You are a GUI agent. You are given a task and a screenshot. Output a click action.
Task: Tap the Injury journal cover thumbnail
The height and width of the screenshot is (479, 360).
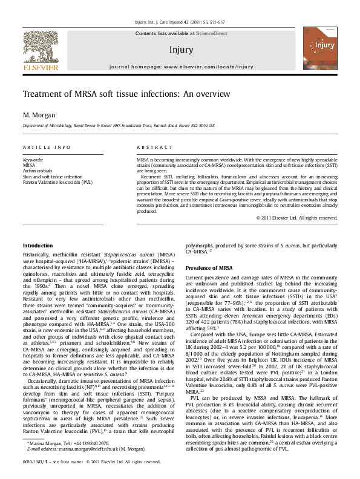coord(320,52)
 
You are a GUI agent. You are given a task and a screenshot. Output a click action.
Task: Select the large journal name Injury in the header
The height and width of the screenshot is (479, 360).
coord(182,50)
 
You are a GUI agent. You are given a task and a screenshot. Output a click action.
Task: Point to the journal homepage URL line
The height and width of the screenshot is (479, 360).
coord(182,67)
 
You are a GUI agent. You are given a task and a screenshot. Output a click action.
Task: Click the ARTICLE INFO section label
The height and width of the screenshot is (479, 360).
coord(47,148)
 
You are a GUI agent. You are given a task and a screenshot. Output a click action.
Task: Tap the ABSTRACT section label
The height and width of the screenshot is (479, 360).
coord(151,148)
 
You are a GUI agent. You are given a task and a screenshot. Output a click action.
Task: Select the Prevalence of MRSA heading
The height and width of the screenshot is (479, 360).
coord(209,267)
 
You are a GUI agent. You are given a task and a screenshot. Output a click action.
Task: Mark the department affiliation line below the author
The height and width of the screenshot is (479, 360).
coord(119,125)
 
